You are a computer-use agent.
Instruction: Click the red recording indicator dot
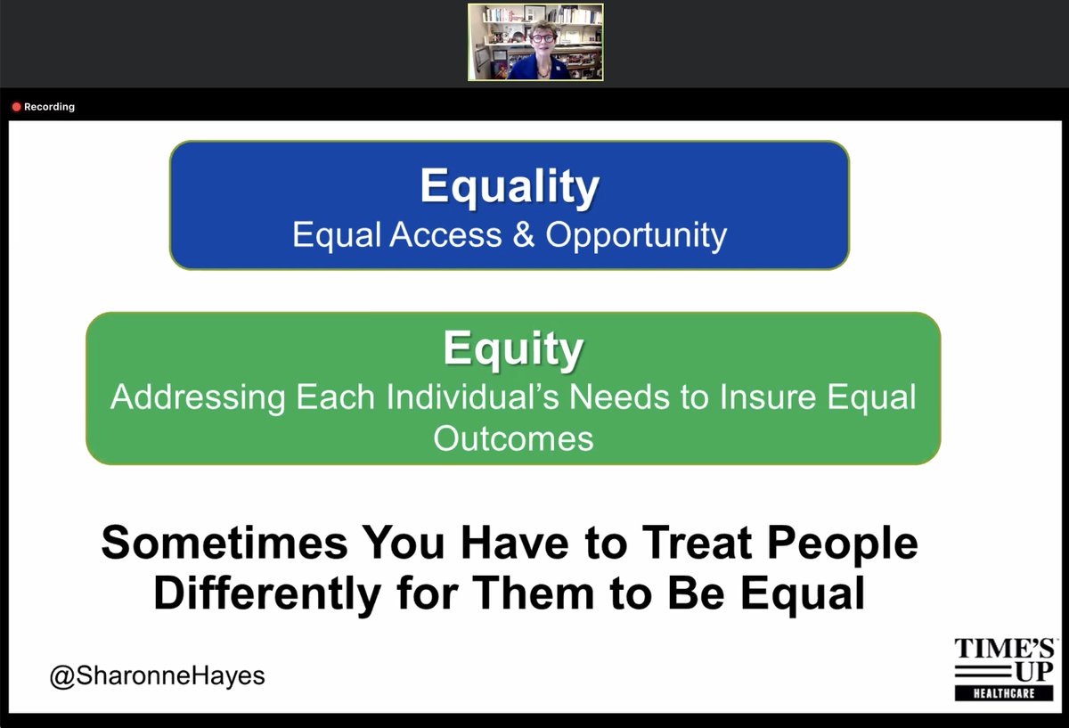pyautogui.click(x=16, y=107)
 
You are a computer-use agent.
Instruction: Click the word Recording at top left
pyautogui.click(x=49, y=107)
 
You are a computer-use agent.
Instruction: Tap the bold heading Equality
pyautogui.click(x=510, y=186)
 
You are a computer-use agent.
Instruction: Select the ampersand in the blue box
pyautogui.click(x=524, y=234)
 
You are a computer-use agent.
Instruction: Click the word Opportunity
pyautogui.click(x=636, y=236)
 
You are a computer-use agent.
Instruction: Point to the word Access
pyautogui.click(x=445, y=234)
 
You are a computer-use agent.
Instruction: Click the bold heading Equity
pyautogui.click(x=513, y=348)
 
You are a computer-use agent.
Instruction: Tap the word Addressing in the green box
pyautogui.click(x=198, y=398)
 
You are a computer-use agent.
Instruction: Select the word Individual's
pyautogui.click(x=472, y=397)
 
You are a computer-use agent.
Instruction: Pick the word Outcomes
pyautogui.click(x=513, y=438)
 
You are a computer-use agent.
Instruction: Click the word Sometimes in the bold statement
pyautogui.click(x=224, y=543)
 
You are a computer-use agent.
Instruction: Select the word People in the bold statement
pyautogui.click(x=843, y=544)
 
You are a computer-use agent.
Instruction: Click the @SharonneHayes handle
pyautogui.click(x=157, y=676)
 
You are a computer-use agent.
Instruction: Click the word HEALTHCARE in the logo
pyautogui.click(x=1004, y=693)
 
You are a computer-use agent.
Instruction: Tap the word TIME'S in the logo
pyautogui.click(x=1004, y=649)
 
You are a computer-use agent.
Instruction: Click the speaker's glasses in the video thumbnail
pyautogui.click(x=543, y=38)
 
